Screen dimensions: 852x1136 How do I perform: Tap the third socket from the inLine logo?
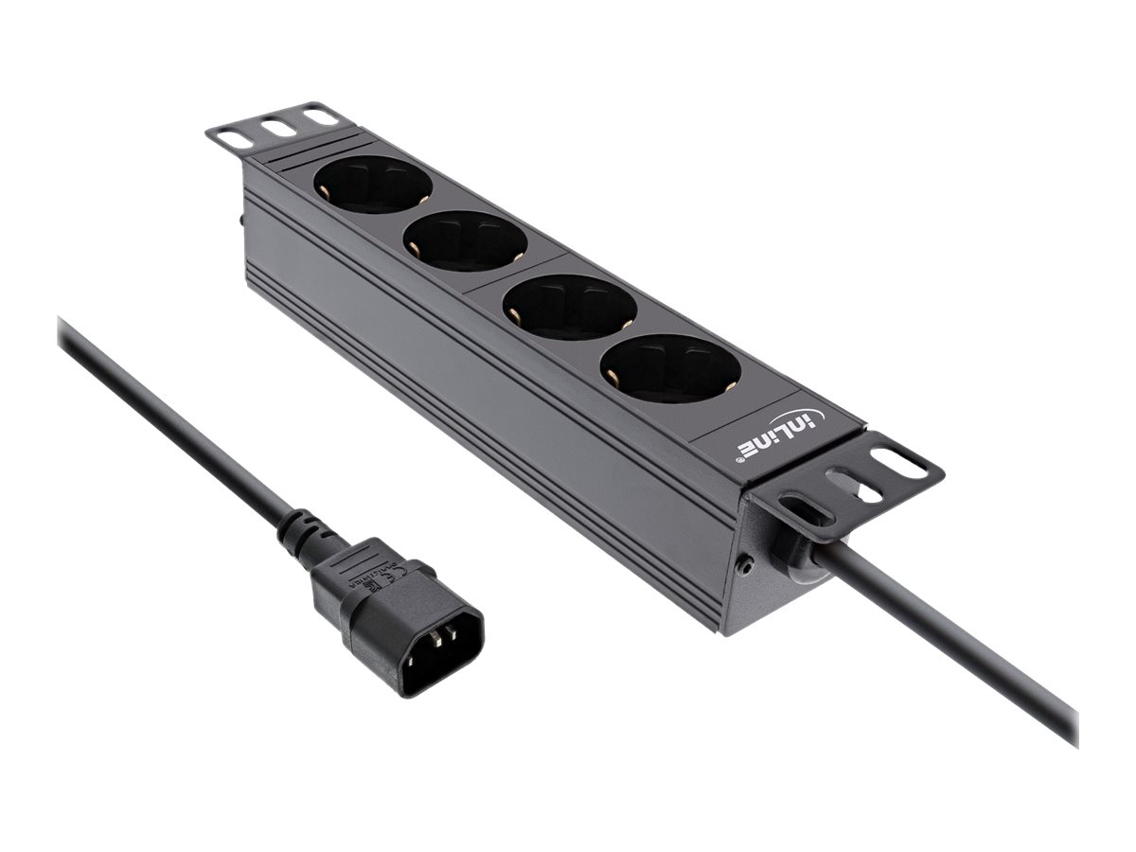point(466,240)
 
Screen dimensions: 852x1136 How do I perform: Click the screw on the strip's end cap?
point(747,566)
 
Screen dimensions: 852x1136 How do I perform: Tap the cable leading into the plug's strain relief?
point(170,417)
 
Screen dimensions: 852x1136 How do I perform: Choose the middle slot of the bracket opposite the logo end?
point(275,126)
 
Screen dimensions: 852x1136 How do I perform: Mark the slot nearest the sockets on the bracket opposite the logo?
point(319,117)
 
